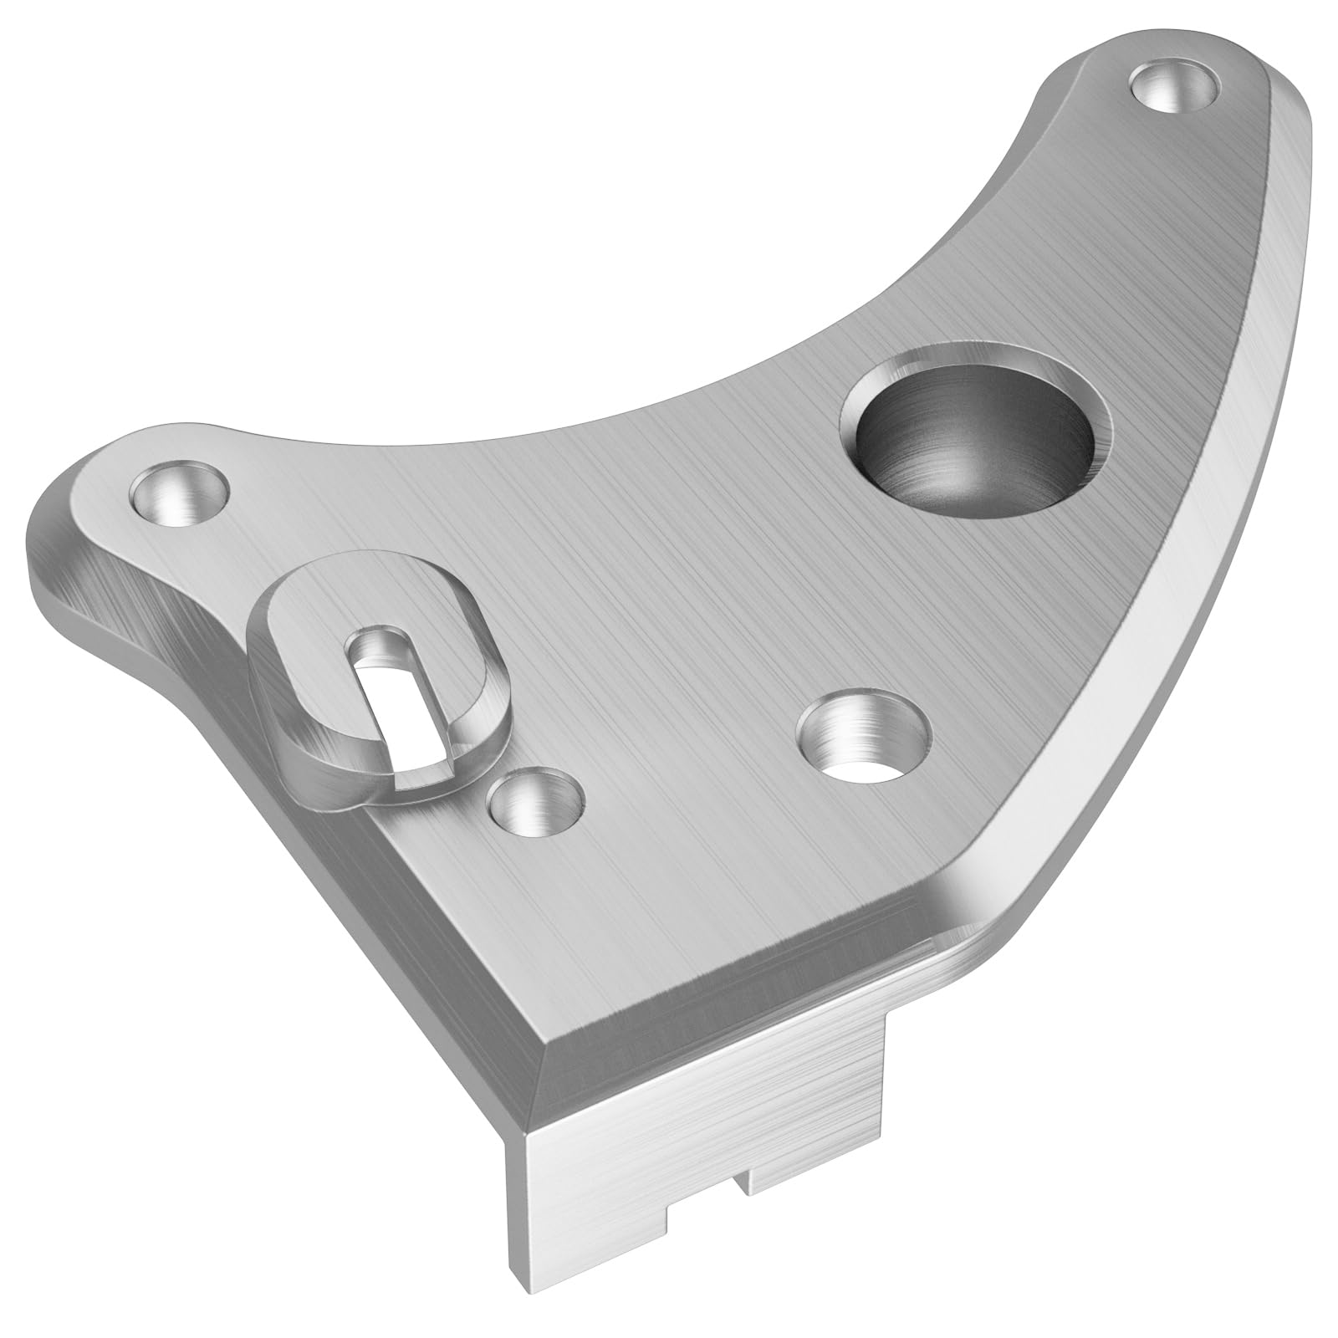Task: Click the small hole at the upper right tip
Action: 1172,85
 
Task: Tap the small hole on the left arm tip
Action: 180,494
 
